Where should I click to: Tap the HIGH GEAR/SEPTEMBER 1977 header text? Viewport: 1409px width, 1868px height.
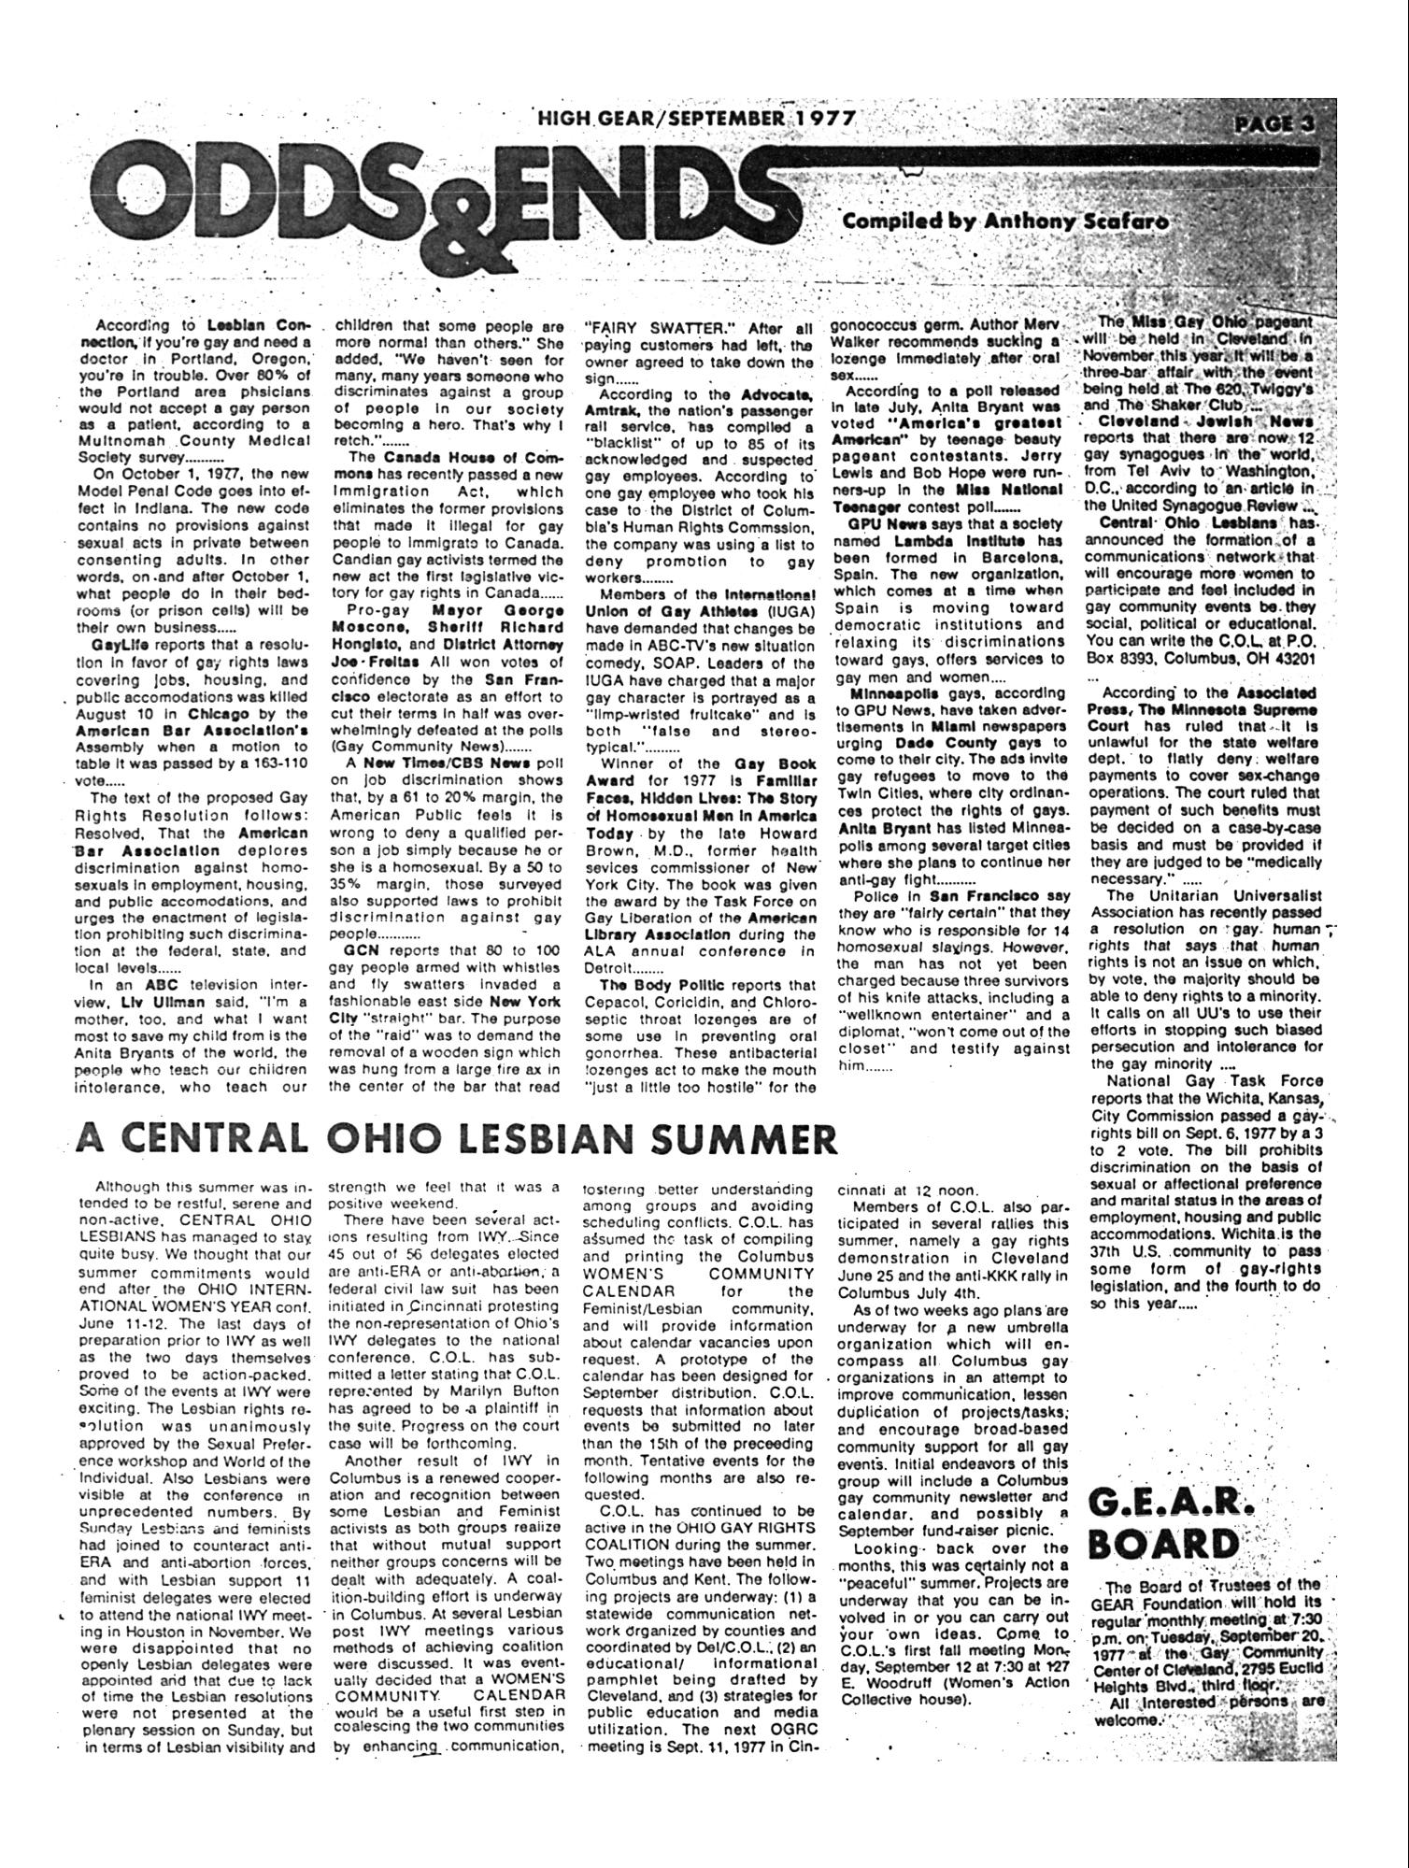click(x=695, y=119)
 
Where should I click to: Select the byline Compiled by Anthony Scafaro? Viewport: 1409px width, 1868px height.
click(x=1004, y=221)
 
